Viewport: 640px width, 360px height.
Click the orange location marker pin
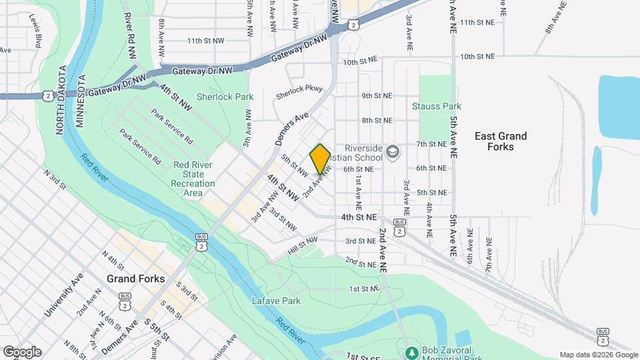(x=320, y=159)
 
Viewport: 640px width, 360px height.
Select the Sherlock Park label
(x=225, y=97)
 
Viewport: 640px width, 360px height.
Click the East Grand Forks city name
(x=501, y=141)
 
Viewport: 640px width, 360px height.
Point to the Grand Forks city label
(x=136, y=279)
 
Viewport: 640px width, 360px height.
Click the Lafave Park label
(x=277, y=301)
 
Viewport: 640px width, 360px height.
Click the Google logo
(x=22, y=351)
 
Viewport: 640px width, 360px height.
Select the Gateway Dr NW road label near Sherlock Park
(x=202, y=70)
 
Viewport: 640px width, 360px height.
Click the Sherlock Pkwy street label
(x=299, y=89)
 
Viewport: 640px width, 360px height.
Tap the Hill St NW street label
(x=302, y=245)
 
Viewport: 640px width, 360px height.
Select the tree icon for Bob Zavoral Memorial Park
(x=411, y=351)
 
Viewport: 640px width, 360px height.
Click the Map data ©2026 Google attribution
(x=598, y=355)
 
